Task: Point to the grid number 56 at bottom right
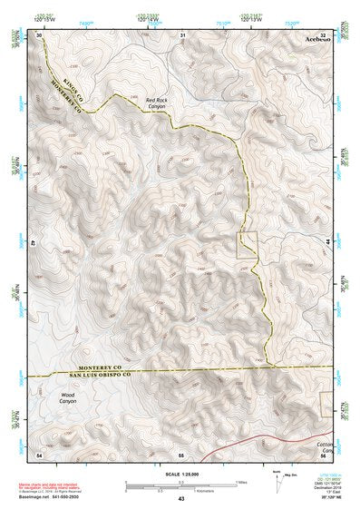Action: [325, 452]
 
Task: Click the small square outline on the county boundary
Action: [248, 244]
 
